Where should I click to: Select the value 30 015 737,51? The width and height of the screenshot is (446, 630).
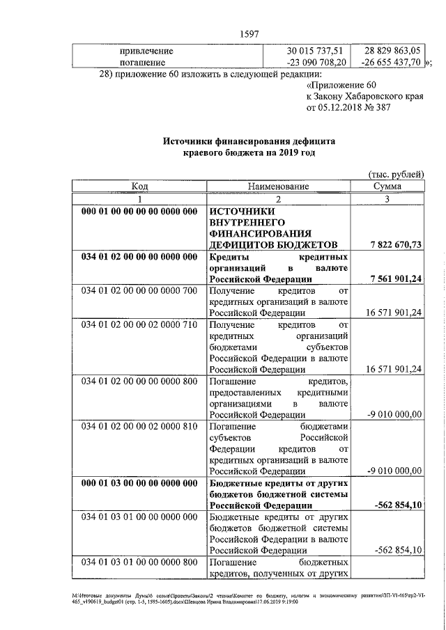[x=315, y=51]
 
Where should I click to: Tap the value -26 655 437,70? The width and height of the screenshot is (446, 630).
[x=391, y=62]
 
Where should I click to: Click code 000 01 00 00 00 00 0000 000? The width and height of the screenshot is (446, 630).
[x=139, y=211]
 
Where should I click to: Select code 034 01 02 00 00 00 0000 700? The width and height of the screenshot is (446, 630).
[x=139, y=290]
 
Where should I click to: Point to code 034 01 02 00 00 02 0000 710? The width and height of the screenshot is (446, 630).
[x=139, y=324]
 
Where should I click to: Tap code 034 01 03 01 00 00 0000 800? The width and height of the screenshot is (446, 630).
[x=139, y=562]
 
